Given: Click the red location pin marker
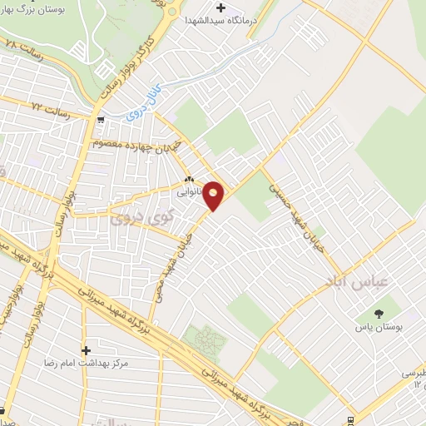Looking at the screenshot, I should tap(214, 195).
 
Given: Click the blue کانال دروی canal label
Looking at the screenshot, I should tap(142, 110).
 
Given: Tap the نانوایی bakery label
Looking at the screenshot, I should tap(187, 191).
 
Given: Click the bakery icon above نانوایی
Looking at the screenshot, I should tap(189, 178).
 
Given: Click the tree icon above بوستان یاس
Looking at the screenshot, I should tap(380, 313).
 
